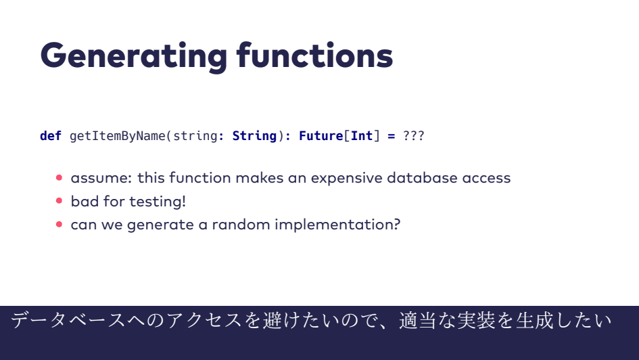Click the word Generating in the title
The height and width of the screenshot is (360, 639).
(x=134, y=56)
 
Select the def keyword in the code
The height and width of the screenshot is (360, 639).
(x=51, y=136)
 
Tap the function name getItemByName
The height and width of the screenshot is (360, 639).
(x=118, y=136)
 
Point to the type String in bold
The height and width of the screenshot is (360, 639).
(x=254, y=136)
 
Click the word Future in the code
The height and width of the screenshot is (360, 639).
(x=321, y=136)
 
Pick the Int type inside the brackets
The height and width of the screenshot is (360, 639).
(x=362, y=136)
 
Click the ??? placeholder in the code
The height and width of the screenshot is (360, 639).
(x=414, y=136)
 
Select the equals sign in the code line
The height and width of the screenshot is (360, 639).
(x=392, y=136)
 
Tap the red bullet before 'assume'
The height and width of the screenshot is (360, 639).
(x=59, y=177)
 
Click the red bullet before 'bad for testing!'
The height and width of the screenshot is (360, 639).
(x=59, y=200)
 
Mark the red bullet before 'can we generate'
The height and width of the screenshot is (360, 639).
(x=59, y=224)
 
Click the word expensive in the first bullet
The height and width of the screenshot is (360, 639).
(x=346, y=179)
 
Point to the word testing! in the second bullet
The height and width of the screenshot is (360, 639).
(x=158, y=202)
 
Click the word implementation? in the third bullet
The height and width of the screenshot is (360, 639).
(x=337, y=225)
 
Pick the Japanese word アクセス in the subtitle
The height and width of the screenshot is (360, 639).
(x=205, y=320)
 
